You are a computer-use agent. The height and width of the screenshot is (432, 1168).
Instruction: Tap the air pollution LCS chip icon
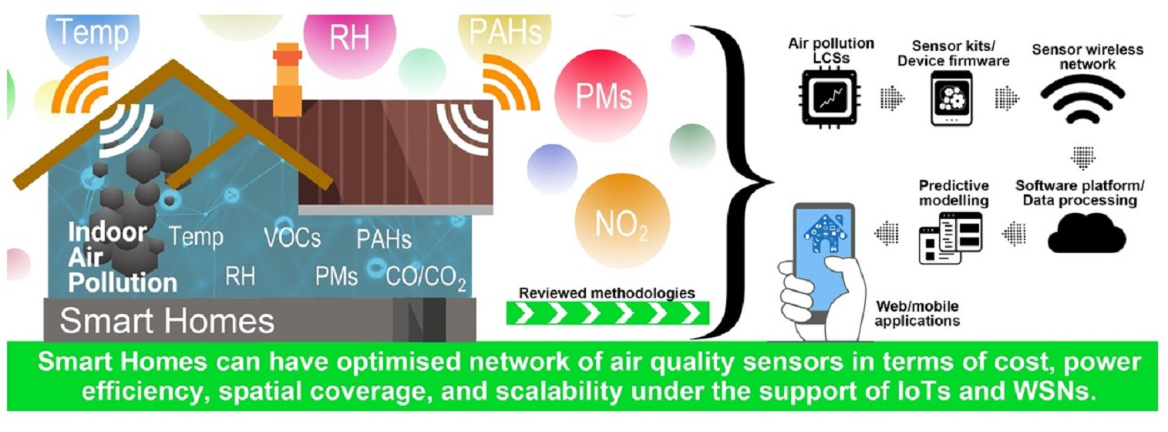pyautogui.click(x=832, y=96)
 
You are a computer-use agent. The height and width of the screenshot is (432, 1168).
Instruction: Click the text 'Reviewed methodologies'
pyautogui.click(x=607, y=293)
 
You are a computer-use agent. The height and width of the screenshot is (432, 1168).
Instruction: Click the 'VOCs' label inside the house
pyautogui.click(x=292, y=238)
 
